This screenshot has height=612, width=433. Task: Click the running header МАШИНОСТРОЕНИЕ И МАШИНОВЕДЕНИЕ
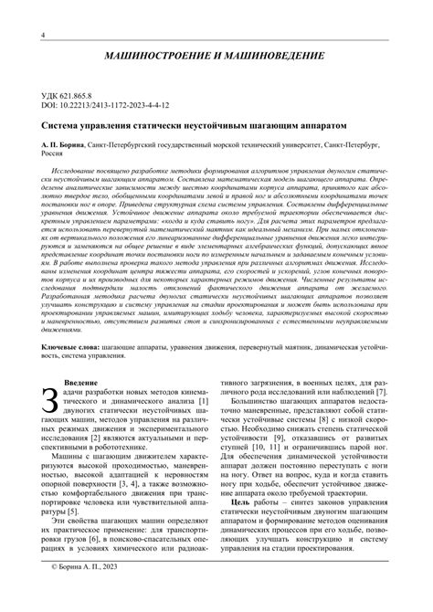216,58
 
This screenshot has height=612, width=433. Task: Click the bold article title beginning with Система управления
195,123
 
